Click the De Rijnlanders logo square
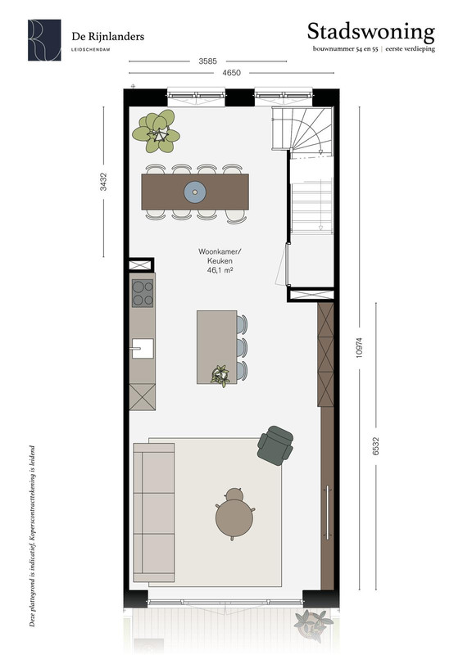[x=44, y=40]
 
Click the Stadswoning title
[x=371, y=32]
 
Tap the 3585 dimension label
[x=207, y=61]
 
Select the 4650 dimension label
[x=231, y=73]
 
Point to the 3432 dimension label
[x=103, y=182]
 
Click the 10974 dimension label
[x=359, y=347]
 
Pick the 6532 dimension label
[x=375, y=445]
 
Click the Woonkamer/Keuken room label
[x=220, y=256]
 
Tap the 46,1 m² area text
[x=220, y=270]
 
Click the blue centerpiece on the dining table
[x=195, y=192]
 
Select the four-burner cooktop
[x=143, y=293]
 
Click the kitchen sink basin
[x=143, y=349]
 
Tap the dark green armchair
[x=275, y=445]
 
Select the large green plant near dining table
[x=156, y=131]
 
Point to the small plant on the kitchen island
[x=220, y=376]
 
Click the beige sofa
[x=154, y=513]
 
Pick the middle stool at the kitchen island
[x=243, y=347]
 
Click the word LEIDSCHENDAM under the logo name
[x=91, y=49]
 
